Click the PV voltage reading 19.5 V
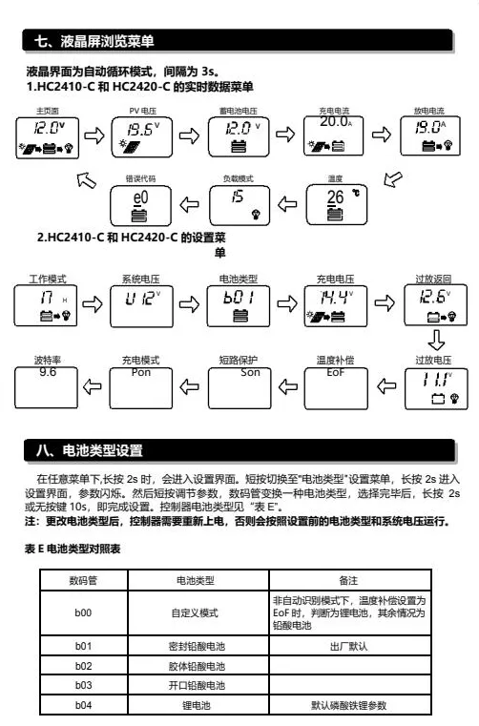[143, 129]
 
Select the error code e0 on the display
[140, 197]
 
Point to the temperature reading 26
[335, 197]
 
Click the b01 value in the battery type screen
[239, 297]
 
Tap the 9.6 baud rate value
[48, 372]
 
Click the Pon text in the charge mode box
[141, 372]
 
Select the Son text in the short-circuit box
[250, 372]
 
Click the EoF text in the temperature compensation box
[335, 372]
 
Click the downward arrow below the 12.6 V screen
[436, 340]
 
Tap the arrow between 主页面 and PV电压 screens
[94, 135]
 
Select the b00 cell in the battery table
[83, 612]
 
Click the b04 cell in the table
[83, 705]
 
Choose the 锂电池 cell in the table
[196, 705]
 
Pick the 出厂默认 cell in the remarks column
[349, 646]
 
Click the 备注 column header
[348, 580]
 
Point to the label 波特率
[48, 360]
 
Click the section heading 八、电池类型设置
[90, 450]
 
